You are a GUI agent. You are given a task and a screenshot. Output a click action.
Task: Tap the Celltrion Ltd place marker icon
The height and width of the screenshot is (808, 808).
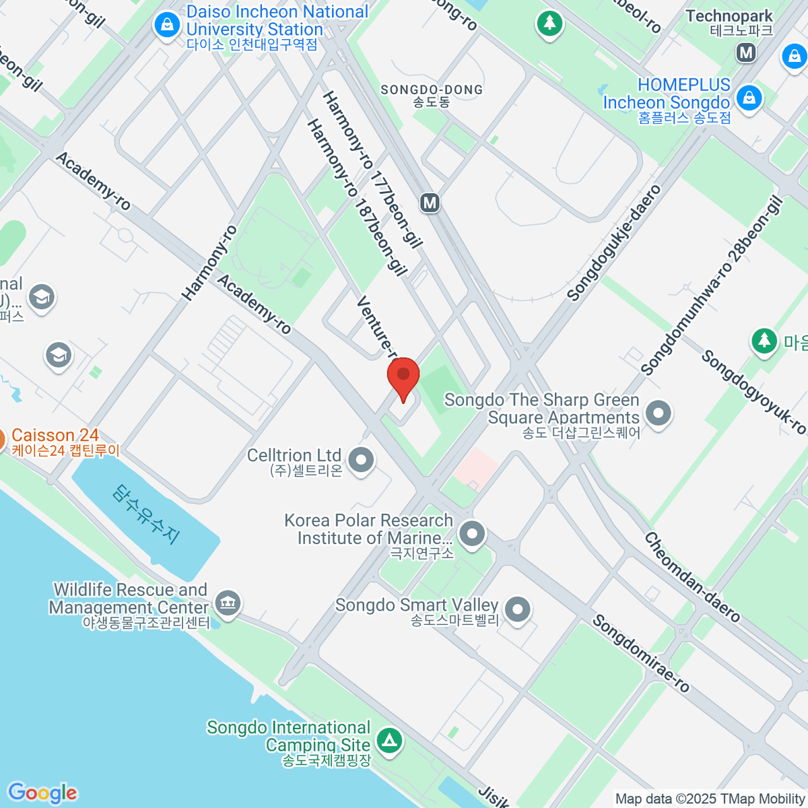tap(362, 461)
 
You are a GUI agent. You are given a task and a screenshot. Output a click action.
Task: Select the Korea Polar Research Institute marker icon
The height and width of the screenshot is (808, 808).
tap(472, 534)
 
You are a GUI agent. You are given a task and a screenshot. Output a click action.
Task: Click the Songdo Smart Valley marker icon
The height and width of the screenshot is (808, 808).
tap(517, 609)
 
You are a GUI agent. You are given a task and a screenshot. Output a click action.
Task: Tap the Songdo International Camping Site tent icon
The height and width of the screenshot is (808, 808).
tap(389, 741)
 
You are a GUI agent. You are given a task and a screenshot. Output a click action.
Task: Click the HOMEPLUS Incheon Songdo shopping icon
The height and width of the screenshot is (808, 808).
tap(749, 98)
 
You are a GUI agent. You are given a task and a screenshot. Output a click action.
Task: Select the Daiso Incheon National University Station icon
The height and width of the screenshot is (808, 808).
tap(166, 25)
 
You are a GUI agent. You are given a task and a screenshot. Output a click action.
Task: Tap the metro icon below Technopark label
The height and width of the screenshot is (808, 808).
tap(746, 53)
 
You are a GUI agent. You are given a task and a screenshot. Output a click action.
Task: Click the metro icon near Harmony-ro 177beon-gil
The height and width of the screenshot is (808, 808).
tap(430, 202)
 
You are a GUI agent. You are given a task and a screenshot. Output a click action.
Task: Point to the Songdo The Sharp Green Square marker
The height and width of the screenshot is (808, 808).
tap(658, 412)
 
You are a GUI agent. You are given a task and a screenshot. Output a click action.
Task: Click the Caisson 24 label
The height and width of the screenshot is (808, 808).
tap(55, 436)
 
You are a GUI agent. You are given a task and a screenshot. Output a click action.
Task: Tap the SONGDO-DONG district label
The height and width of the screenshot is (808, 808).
tap(432, 90)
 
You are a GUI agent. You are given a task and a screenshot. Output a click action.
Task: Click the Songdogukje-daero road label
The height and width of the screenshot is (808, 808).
tap(614, 243)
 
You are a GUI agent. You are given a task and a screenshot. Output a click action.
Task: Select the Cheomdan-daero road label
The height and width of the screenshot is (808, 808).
tap(692, 577)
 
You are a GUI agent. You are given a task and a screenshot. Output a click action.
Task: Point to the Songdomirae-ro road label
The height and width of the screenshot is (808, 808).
tap(640, 653)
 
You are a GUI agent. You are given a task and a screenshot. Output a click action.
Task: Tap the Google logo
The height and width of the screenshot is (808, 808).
tap(42, 793)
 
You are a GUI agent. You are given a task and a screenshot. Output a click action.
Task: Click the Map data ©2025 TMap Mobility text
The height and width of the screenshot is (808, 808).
tap(710, 799)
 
